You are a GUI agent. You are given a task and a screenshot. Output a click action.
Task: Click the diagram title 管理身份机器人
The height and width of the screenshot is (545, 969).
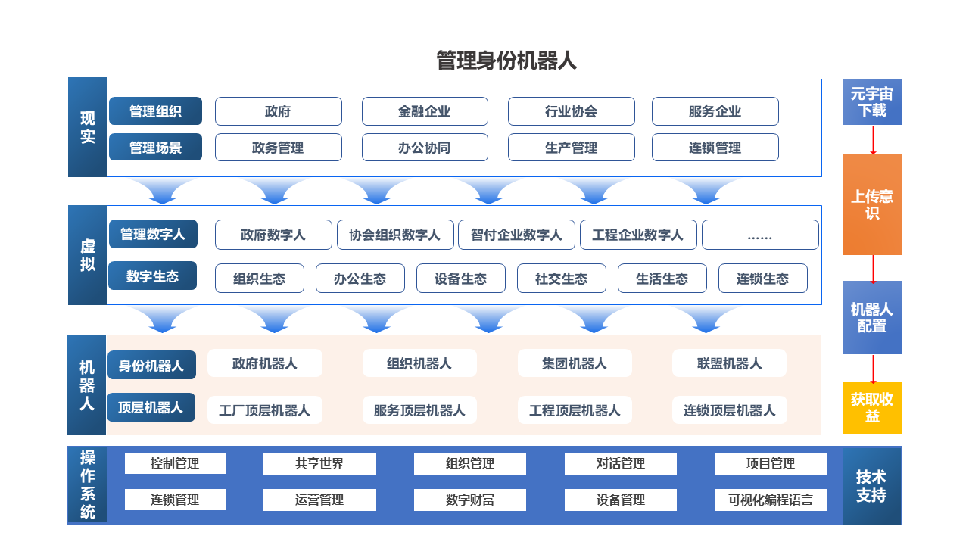tap(506, 61)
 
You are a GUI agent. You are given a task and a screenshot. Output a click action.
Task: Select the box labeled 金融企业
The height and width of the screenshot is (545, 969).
tap(425, 111)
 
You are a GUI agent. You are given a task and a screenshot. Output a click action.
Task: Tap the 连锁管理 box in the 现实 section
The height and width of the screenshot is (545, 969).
tap(715, 148)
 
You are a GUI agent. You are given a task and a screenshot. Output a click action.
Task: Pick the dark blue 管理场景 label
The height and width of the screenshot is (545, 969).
tap(155, 147)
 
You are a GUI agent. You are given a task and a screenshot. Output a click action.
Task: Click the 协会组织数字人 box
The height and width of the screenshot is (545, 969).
tap(395, 235)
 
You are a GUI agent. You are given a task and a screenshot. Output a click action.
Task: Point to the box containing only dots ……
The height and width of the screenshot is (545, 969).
tap(760, 235)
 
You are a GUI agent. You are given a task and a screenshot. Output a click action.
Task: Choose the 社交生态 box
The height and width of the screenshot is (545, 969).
tap(561, 278)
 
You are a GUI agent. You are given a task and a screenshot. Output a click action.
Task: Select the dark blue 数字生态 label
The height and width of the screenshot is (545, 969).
tap(152, 276)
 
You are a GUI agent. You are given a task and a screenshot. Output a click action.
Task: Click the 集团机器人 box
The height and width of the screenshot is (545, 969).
tap(575, 363)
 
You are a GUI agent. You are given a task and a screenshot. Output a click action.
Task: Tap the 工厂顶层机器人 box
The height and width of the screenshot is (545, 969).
tap(265, 410)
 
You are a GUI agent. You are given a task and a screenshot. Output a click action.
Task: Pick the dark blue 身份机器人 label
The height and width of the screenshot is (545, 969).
tap(151, 365)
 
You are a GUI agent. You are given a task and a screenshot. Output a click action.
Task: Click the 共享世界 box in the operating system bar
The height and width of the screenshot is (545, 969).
tap(319, 463)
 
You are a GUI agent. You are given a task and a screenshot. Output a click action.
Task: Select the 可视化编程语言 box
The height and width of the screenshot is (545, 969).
tap(771, 500)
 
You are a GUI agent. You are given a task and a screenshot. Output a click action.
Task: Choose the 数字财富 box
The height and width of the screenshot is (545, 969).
tap(470, 500)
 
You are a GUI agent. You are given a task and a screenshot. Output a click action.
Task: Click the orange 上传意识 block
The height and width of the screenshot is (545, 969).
tap(871, 204)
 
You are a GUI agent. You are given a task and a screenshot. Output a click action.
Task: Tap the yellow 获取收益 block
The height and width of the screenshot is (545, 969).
tap(871, 407)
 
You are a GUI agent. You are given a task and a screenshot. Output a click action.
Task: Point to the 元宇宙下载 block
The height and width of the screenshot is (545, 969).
tap(871, 101)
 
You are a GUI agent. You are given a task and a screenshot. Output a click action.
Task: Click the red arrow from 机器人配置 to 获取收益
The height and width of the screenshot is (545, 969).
tap(873, 369)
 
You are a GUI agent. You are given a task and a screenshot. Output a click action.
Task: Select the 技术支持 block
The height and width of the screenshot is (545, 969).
tap(871, 485)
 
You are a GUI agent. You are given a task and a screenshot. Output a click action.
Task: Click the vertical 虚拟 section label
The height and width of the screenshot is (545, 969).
tap(87, 255)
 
